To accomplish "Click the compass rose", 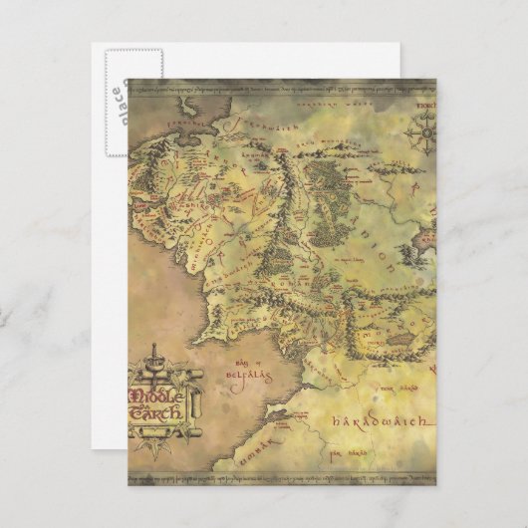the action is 427,131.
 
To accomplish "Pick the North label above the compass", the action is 427,104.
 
